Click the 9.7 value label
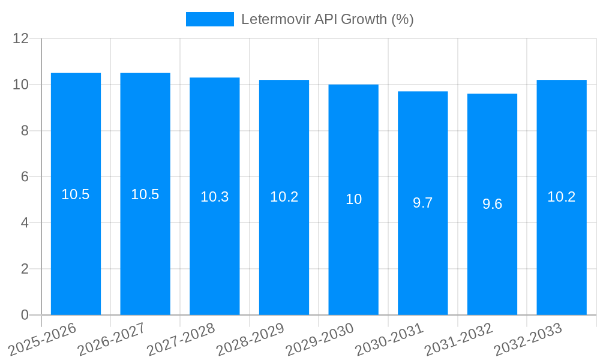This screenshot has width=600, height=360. (423, 203)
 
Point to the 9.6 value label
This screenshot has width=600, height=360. (492, 204)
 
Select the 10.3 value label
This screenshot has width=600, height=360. (214, 197)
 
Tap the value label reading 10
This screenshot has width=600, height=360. (353, 199)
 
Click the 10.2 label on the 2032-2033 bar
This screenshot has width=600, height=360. (562, 197)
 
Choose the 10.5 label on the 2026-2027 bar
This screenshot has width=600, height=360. (145, 194)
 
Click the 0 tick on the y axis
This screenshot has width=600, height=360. (25, 315)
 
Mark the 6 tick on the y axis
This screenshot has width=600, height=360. (25, 177)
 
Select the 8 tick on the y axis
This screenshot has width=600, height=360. (25, 131)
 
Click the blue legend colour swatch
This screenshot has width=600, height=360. (209, 19)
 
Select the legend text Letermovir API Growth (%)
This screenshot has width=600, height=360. (328, 19)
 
